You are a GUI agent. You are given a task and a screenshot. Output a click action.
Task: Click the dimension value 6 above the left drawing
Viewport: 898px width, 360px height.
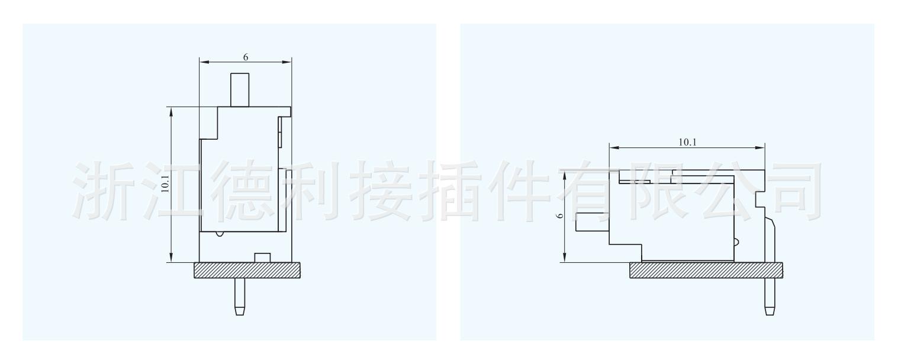[x=245, y=57]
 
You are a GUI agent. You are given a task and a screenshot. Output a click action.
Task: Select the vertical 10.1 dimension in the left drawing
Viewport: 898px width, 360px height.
[x=165, y=184]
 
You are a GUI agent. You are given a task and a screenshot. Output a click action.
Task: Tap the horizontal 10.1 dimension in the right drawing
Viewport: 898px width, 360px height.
[x=687, y=142]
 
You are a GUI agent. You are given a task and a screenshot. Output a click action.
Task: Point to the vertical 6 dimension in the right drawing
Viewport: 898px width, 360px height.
[x=559, y=216]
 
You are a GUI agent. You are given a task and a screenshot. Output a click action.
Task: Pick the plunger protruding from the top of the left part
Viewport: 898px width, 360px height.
[x=240, y=89]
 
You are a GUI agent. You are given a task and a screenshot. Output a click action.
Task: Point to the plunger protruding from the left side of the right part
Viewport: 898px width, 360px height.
[x=592, y=223]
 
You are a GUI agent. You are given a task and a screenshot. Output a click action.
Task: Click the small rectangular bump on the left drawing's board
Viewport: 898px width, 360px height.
[x=262, y=257]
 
